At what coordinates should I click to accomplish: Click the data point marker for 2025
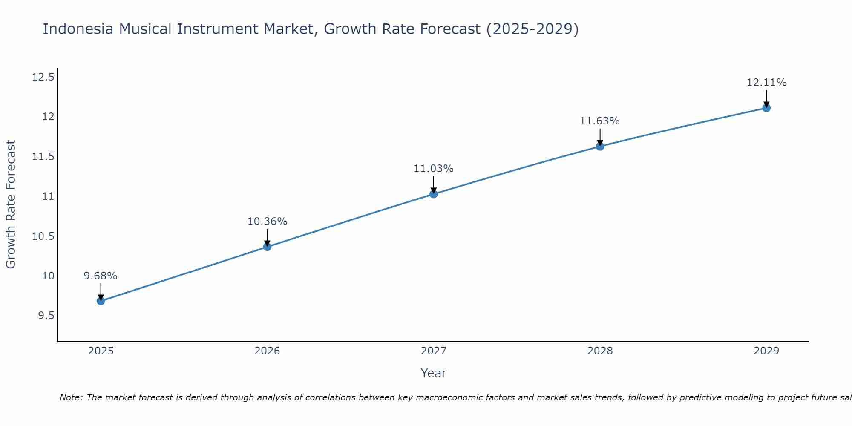point(101,301)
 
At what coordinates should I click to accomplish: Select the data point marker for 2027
point(434,194)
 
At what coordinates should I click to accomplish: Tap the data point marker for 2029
point(766,108)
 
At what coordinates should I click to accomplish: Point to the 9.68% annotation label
point(101,276)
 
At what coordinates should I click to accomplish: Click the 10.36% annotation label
point(267,222)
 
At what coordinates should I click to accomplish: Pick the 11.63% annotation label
point(599,121)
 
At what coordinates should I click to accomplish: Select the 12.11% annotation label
point(766,83)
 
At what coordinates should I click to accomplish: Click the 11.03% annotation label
point(433,169)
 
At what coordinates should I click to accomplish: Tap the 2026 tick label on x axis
point(267,351)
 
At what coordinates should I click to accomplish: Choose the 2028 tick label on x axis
point(600,351)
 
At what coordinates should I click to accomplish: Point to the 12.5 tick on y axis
point(43,77)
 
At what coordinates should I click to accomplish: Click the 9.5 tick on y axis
point(46,316)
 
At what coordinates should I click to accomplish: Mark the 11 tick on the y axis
point(48,196)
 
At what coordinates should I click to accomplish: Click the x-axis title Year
point(433,373)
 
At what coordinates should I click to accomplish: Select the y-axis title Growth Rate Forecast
point(11,204)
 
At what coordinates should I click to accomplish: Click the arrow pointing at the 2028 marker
point(600,137)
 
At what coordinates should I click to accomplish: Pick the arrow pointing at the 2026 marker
point(267,238)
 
